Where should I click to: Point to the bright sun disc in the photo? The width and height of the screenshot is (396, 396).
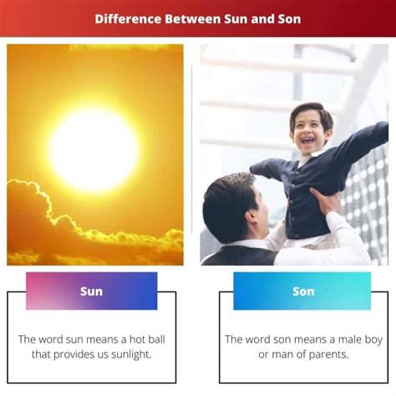click(94, 149)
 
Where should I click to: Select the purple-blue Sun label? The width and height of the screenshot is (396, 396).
click(91, 291)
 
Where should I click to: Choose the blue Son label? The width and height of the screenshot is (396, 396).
click(302, 291)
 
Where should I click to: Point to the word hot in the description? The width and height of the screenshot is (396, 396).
click(138, 339)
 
